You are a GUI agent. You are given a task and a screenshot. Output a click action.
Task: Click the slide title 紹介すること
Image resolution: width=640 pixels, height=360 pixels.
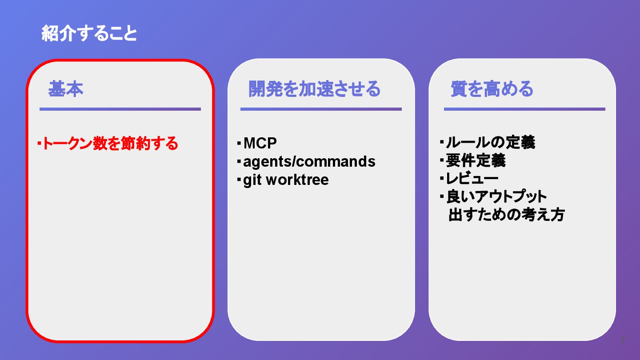point(89,34)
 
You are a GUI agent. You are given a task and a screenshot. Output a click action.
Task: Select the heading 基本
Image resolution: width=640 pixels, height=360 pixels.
point(66,89)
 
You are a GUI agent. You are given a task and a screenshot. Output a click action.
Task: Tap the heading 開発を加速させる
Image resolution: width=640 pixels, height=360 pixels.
point(314,89)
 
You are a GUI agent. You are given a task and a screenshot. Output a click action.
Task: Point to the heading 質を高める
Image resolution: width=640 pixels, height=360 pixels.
point(492,89)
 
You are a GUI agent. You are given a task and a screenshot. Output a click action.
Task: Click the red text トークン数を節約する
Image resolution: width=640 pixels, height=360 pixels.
point(110,144)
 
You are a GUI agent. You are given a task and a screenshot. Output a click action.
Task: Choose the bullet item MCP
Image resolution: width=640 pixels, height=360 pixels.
point(260,143)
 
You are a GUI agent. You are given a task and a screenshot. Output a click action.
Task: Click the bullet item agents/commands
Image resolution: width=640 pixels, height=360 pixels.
point(309,161)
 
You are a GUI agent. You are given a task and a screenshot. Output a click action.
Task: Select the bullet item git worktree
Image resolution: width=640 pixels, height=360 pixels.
point(286,180)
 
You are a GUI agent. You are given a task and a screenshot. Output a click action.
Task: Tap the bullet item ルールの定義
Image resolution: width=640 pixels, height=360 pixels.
point(490,143)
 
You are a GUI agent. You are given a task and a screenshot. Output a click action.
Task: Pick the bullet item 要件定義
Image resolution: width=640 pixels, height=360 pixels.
point(476,160)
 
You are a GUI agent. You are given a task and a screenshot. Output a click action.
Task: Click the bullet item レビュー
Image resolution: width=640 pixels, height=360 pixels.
point(472,179)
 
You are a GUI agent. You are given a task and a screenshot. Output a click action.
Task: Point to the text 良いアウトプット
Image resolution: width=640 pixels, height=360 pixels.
point(496,196)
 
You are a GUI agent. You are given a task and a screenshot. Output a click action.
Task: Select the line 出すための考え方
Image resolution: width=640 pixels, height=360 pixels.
point(506,215)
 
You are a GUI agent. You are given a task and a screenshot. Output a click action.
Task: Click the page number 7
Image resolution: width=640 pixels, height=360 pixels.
point(622,341)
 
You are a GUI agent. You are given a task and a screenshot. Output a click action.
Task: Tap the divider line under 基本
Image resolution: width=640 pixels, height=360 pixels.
point(120,109)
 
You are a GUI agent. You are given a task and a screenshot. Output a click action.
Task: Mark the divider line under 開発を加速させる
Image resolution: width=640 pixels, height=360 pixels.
point(321,109)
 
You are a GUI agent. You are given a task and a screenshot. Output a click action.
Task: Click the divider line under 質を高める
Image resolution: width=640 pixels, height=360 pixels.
point(524,109)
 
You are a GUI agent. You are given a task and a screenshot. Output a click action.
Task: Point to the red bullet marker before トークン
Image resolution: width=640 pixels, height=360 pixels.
point(39,143)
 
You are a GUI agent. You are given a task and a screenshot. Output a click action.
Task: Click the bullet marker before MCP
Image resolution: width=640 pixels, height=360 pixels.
point(239,143)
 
